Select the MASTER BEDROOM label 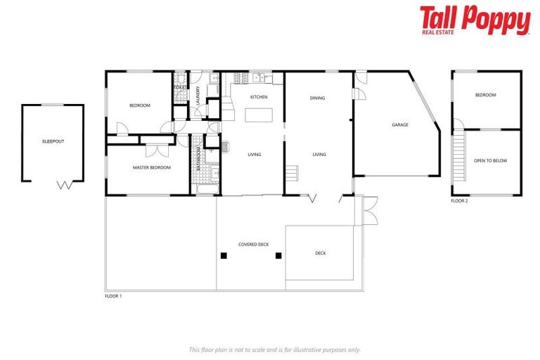tap(152, 167)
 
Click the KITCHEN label tap(259, 97)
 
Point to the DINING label tap(318, 98)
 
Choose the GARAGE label tap(400, 125)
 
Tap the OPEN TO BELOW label tap(490, 161)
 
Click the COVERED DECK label tap(254, 244)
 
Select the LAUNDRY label tap(198, 95)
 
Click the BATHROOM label tap(199, 160)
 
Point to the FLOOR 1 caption tap(113, 296)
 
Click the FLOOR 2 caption tap(459, 201)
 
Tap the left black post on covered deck tap(224, 255)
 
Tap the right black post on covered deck tap(278, 255)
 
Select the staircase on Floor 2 tap(459, 158)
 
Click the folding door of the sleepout tap(63, 186)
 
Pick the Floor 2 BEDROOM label tap(485, 96)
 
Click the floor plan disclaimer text tap(274, 349)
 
